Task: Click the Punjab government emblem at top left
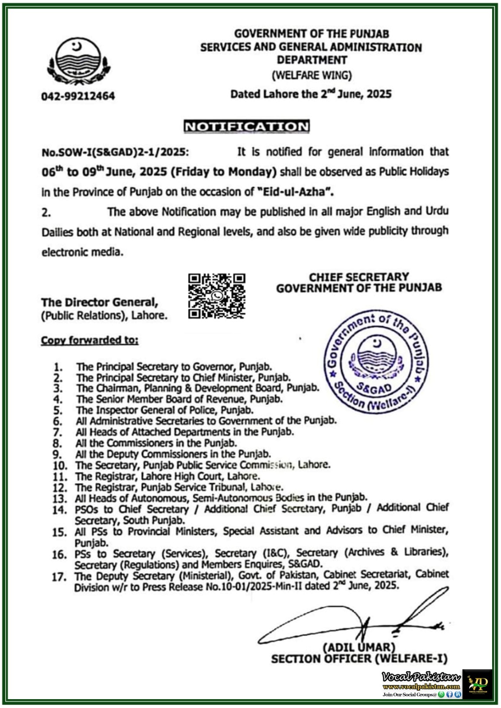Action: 78,62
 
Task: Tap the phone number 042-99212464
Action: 78,96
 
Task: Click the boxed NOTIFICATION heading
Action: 247,127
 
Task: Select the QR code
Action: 217,296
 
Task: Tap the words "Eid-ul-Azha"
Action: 295,192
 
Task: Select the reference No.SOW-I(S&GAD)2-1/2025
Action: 115,152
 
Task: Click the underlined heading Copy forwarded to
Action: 89,340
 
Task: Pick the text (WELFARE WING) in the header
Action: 311,75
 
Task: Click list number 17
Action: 59,577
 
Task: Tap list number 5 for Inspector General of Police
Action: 58,411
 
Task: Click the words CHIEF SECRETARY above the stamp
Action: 359,277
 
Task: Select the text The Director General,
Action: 100,303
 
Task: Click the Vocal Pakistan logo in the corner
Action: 477,684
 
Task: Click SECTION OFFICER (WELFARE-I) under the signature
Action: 359,659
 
